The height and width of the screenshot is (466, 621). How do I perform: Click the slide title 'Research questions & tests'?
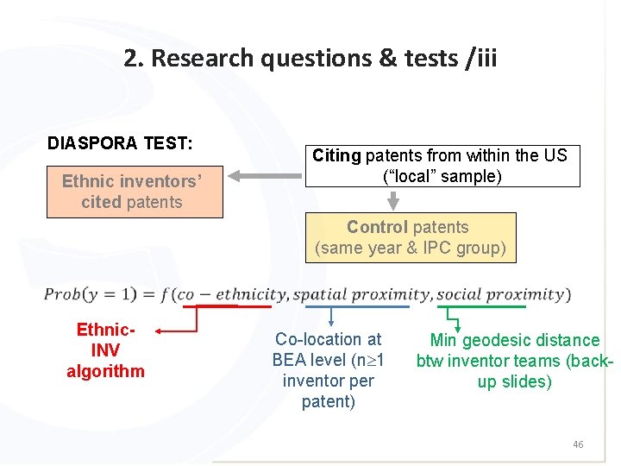tap(310, 59)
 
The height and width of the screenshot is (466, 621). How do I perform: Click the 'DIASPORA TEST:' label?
tap(120, 143)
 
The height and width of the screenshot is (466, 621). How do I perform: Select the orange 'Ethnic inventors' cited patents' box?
tap(132, 192)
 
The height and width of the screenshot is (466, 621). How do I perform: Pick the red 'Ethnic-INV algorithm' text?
tap(105, 350)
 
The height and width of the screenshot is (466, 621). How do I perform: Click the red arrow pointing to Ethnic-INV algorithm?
tap(172, 331)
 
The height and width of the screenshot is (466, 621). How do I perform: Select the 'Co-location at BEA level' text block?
tap(328, 370)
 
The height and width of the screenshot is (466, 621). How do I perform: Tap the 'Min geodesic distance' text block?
tap(514, 361)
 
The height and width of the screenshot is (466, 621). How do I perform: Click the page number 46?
tap(578, 444)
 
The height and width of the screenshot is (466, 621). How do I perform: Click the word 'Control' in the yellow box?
tap(376, 227)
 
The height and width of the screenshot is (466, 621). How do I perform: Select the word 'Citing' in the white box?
tap(336, 156)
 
